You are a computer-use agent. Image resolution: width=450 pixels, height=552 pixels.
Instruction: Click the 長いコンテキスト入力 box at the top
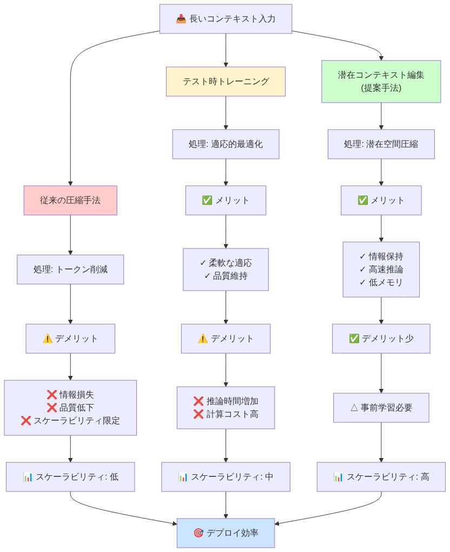click(226, 19)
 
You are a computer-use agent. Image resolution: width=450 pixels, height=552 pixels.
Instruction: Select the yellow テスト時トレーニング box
click(226, 82)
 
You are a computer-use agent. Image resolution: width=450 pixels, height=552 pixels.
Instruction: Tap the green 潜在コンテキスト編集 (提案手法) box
click(381, 82)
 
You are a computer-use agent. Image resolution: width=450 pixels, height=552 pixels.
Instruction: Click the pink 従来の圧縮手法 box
click(70, 200)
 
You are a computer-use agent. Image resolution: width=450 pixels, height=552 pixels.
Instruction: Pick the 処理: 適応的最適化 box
click(226, 144)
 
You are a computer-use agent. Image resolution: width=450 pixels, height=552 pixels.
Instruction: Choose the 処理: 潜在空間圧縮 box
click(381, 144)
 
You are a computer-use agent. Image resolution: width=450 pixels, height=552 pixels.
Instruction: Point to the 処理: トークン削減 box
click(70, 269)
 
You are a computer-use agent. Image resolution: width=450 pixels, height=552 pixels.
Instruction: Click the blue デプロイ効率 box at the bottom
click(226, 533)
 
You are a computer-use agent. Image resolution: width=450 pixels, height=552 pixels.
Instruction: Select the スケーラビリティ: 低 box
click(70, 477)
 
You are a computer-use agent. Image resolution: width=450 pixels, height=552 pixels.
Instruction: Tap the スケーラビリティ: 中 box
click(226, 477)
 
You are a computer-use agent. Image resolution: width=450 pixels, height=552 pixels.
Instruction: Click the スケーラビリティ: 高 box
click(381, 477)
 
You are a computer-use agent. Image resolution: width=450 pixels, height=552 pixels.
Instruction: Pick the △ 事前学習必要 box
click(381, 408)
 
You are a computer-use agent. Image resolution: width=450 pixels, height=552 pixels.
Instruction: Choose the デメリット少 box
click(381, 339)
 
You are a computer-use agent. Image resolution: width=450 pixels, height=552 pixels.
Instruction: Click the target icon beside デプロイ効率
click(198, 533)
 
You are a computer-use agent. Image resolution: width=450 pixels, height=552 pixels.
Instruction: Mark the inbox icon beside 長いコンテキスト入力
click(181, 19)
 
